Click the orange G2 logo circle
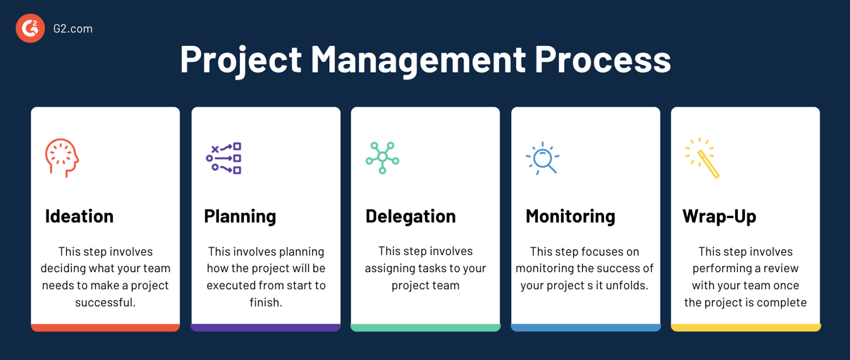tap(30, 28)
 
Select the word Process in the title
tap(603, 59)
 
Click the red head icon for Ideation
tap(61, 158)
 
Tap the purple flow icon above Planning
tap(223, 158)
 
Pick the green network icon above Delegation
tap(382, 158)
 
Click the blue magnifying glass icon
tap(542, 158)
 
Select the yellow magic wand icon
tap(703, 158)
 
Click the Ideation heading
tap(79, 216)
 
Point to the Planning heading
tap(240, 216)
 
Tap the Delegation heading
tap(410, 216)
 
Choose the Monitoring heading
tap(570, 216)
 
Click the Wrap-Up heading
tap(719, 216)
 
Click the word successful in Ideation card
tap(105, 302)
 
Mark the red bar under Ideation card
tap(105, 328)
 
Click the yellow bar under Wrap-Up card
tap(746, 328)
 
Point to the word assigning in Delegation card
tap(387, 268)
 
